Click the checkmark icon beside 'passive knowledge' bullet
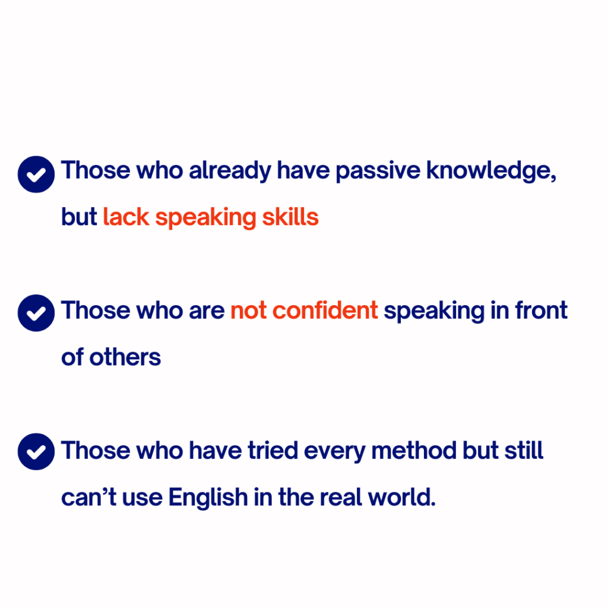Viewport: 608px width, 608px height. click(x=36, y=175)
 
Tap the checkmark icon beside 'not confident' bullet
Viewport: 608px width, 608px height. click(x=36, y=313)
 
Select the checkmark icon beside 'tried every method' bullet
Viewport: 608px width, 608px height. click(x=36, y=452)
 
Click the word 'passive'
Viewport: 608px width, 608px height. click(x=378, y=171)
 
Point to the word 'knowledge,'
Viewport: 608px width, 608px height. click(x=491, y=171)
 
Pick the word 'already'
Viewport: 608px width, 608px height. click(x=230, y=171)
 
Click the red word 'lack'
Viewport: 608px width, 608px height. click(x=126, y=217)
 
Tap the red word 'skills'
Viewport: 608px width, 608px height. click(x=290, y=217)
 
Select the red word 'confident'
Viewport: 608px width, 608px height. click(x=325, y=310)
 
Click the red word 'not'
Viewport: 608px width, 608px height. click(x=248, y=311)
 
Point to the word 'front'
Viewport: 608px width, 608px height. click(x=541, y=310)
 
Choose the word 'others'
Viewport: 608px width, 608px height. click(x=125, y=357)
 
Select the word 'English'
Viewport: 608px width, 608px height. click(x=208, y=497)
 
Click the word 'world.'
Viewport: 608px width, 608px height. click(x=402, y=497)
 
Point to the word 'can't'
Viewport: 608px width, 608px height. click(x=89, y=497)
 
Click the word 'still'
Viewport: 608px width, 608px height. click(x=524, y=450)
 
